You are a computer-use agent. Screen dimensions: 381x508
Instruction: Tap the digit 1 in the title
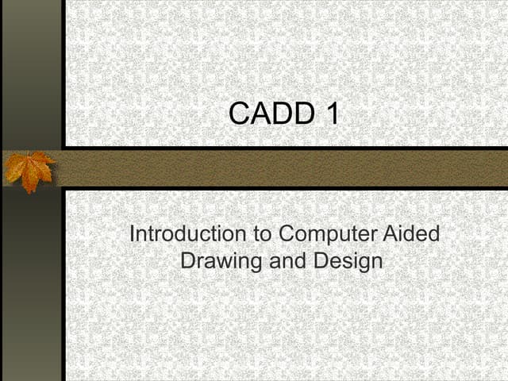click(x=331, y=114)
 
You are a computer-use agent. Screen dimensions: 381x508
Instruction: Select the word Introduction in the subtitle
click(x=187, y=235)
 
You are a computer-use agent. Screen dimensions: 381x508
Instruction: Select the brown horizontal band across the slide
click(x=286, y=168)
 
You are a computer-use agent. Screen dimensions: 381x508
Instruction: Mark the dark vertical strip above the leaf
click(x=32, y=71)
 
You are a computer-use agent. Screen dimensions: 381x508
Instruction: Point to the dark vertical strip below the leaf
click(x=32, y=286)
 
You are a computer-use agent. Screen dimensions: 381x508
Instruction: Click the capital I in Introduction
click(x=132, y=235)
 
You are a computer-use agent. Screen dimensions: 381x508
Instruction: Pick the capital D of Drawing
click(x=189, y=260)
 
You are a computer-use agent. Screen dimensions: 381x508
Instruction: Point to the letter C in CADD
click(x=240, y=114)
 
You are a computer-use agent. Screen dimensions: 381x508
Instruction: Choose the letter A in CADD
click(x=260, y=114)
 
